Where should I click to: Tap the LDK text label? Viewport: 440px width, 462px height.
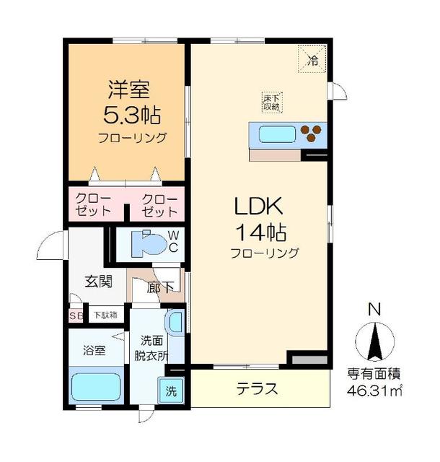[x=258, y=207]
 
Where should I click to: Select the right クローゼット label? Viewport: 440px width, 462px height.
[x=159, y=206]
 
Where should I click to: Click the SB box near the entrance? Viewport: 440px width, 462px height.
[x=76, y=315]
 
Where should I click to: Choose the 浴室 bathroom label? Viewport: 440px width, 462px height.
[x=94, y=351]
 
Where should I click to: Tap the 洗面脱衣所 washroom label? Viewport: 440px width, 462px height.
[x=154, y=348]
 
